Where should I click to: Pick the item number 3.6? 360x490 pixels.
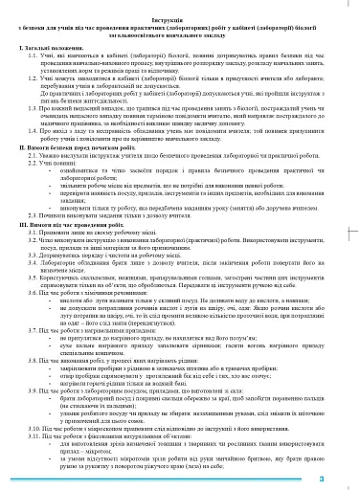(x=37, y=295)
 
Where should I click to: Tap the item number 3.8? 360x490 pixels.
(x=37, y=365)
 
